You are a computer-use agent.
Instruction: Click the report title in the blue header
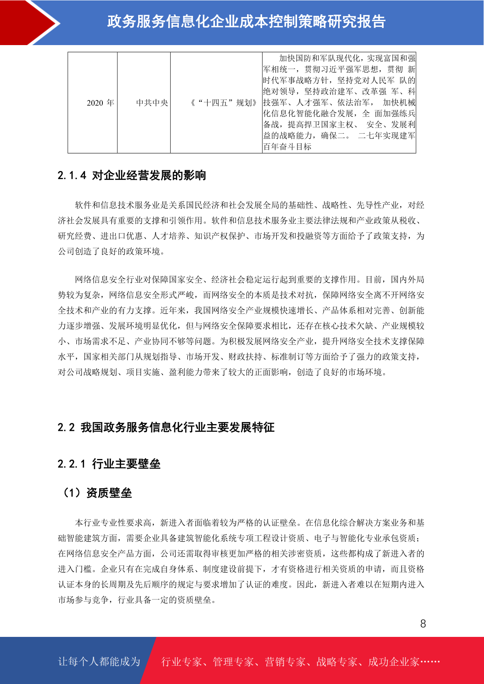(x=246, y=22)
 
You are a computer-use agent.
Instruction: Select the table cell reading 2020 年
(x=100, y=103)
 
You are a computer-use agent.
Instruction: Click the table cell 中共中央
(x=152, y=103)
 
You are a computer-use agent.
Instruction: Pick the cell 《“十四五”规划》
(x=224, y=103)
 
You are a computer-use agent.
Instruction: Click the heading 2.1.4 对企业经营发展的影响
(x=132, y=175)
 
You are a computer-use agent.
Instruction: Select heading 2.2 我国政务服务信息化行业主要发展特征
(x=166, y=427)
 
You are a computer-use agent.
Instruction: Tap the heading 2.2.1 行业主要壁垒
(x=109, y=464)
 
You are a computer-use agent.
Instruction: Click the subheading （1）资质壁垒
(x=97, y=493)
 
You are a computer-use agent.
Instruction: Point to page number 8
(x=423, y=624)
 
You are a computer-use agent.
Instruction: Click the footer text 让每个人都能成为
(x=99, y=662)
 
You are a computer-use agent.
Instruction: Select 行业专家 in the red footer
(x=182, y=662)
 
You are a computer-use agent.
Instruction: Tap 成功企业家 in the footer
(x=393, y=662)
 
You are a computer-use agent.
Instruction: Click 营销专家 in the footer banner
(x=285, y=662)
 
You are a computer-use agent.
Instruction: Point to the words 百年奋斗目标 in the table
(x=287, y=147)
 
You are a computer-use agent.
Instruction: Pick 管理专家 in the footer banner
(x=233, y=662)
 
